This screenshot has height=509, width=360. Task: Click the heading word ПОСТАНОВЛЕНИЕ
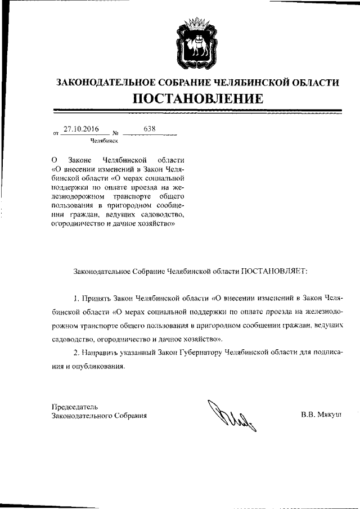point(198,99)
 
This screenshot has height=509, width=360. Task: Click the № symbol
point(116,134)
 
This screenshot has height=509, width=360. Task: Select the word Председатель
point(75,406)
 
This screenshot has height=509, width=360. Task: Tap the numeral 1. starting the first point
point(77,297)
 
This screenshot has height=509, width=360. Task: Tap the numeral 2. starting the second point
point(77,352)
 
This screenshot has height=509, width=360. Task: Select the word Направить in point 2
point(100,352)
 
